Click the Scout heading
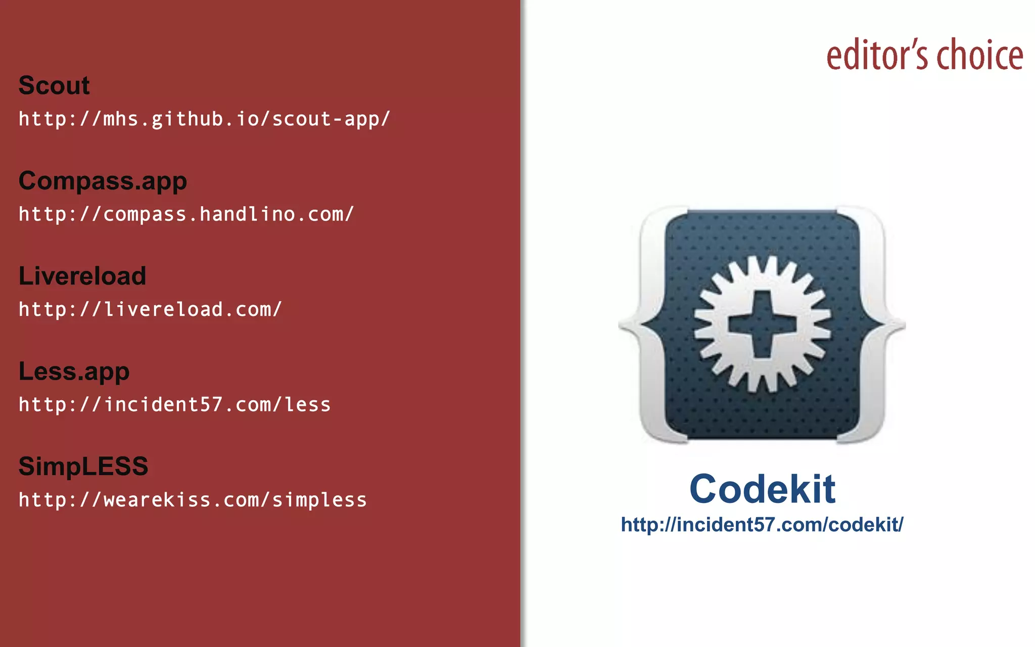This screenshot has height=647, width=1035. pos(54,85)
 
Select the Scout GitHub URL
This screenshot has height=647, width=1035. pos(204,119)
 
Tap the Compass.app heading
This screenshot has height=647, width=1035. pos(103,181)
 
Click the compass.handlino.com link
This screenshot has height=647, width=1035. pos(186,214)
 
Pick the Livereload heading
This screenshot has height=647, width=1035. pos(82,276)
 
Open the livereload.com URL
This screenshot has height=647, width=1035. pos(150,309)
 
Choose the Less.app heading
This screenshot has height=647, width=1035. pos(74,372)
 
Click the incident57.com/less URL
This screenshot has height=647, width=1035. pos(174,405)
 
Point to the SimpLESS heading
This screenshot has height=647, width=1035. pos(83,466)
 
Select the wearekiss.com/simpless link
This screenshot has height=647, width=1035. pos(193,500)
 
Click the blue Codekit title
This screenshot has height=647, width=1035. pos(762,489)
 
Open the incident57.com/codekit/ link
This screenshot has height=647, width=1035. pos(762,525)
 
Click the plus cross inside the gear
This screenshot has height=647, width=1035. pos(762,324)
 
